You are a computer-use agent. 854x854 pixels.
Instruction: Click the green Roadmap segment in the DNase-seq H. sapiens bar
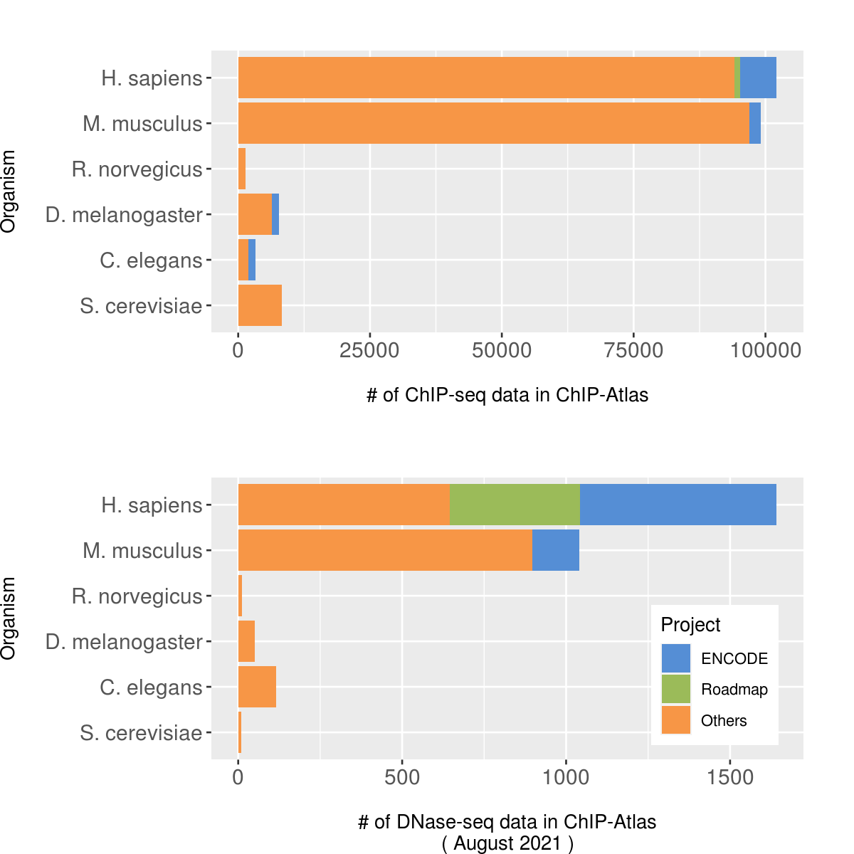515,505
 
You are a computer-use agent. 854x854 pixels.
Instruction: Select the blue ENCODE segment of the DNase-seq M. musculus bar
556,550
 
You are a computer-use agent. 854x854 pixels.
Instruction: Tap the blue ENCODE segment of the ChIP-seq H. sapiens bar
758,78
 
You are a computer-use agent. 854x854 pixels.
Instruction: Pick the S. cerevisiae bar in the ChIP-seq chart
260,305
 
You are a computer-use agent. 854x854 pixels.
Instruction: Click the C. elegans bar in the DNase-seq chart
257,687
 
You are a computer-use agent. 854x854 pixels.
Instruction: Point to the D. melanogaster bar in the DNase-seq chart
246,641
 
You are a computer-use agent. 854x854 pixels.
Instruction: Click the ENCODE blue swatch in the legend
676,658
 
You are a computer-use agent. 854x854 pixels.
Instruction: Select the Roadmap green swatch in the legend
676,689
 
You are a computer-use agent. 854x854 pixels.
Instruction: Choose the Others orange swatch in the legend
676,719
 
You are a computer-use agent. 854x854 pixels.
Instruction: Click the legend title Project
690,625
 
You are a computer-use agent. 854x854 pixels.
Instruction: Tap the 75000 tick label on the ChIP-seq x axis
633,350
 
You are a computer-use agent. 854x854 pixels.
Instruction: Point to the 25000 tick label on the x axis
369,350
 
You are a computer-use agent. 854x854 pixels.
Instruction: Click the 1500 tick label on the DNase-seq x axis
730,777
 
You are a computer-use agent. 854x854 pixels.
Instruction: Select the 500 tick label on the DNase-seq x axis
402,777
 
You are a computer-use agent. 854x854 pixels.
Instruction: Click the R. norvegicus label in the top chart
137,169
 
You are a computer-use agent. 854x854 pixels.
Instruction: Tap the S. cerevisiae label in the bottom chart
141,733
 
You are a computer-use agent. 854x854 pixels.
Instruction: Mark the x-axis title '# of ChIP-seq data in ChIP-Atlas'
507,395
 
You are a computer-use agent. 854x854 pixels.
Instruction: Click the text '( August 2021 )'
507,843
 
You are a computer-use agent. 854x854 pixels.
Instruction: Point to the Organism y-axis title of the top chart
9,191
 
